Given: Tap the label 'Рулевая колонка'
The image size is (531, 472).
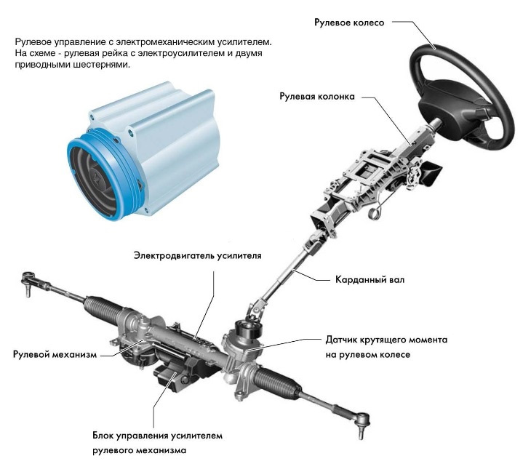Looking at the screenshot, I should pyautogui.click(x=316, y=96).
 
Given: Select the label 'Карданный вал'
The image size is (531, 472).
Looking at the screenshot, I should pyautogui.click(x=369, y=279).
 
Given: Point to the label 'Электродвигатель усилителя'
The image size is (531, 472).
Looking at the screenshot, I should pyautogui.click(x=197, y=256).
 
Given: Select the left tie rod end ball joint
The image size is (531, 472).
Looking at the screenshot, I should pyautogui.click(x=29, y=279).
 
